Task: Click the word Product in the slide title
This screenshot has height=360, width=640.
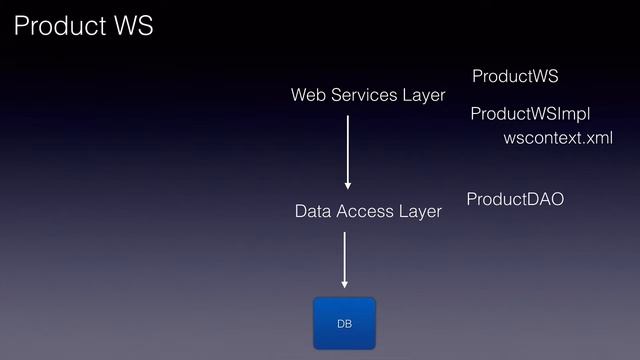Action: pos(56,26)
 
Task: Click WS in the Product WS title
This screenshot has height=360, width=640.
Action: pos(130,26)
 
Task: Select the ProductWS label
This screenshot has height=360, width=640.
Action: pos(515,77)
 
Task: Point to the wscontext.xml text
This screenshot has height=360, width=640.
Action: pos(557,137)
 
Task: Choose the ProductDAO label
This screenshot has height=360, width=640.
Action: pos(515,200)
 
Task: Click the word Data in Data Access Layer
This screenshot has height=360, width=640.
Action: pos(313,212)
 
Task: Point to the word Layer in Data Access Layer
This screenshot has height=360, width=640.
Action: pos(421,212)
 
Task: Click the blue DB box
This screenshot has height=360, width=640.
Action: pos(344,323)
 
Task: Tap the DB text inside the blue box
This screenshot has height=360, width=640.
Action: pos(344,324)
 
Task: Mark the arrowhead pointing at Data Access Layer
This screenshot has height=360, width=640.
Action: pos(348,184)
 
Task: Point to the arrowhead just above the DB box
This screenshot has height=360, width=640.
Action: pos(344,283)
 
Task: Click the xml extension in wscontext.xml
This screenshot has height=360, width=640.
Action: pos(597,137)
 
